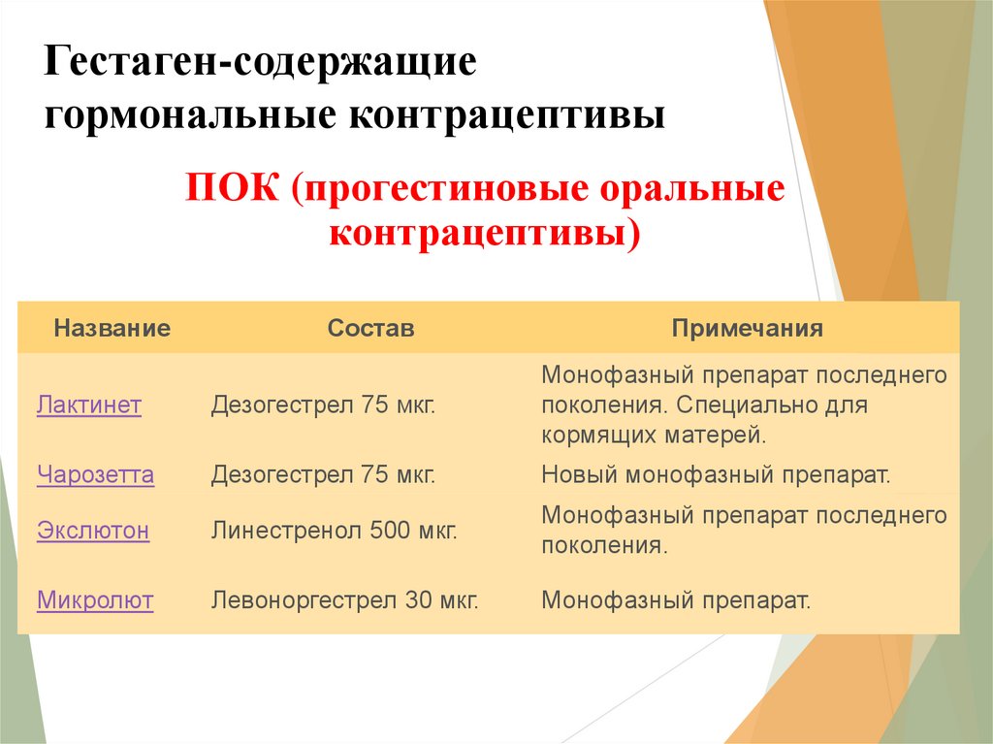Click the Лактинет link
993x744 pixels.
[x=88, y=404]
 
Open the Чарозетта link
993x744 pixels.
[x=96, y=474]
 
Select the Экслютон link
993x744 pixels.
[x=93, y=530]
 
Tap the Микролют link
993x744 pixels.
[x=95, y=599]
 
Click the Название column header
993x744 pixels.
[x=112, y=328]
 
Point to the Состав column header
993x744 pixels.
[x=370, y=328]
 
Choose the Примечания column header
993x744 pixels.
[x=748, y=328]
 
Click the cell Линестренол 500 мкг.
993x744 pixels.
[x=334, y=530]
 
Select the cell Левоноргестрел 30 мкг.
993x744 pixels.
[x=344, y=599]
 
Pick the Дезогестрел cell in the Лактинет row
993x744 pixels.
[x=323, y=404]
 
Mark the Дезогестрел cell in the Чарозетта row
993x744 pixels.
[x=323, y=474]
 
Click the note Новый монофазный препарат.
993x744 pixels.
[x=716, y=474]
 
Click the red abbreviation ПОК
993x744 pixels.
[x=232, y=187]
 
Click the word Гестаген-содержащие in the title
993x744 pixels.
[x=260, y=62]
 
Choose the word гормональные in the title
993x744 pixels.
[x=190, y=114]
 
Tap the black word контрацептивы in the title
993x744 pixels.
[x=506, y=114]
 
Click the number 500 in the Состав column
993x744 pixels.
[x=390, y=530]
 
